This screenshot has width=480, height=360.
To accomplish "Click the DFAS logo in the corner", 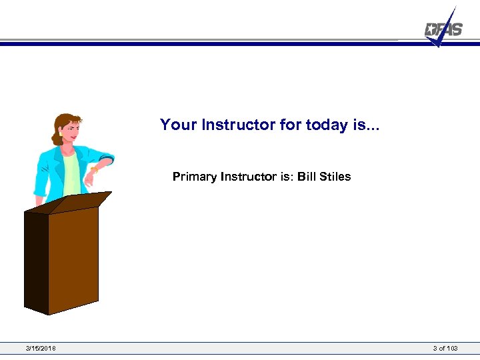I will click(443, 29).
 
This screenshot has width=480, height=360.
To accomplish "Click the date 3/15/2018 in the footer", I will click(41, 348).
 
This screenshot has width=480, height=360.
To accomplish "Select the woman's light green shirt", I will click(72, 172).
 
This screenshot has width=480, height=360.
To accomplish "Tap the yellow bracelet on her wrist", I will click(94, 171).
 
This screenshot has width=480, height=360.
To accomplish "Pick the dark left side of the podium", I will click(36, 260).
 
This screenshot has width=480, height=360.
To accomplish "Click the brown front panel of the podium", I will click(73, 257).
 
